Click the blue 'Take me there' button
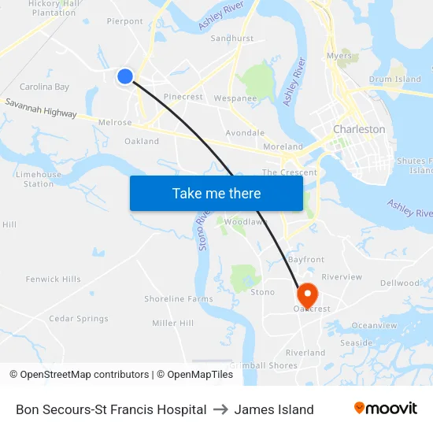[x=216, y=193]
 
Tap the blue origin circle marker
[x=125, y=76]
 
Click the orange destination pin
[x=305, y=295]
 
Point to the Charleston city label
[x=359, y=129]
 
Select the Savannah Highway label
[x=41, y=108]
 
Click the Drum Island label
[x=395, y=80]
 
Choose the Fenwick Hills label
[x=53, y=279]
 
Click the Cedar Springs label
[x=79, y=319]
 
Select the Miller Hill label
[x=173, y=324]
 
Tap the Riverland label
[x=305, y=353]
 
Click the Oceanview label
[x=375, y=325]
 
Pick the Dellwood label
[x=400, y=283]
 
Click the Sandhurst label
[x=232, y=38]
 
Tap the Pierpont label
[x=124, y=22]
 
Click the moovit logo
[x=386, y=409]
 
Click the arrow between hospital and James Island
[x=220, y=409]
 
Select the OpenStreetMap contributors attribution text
[x=79, y=375]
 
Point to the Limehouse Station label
[x=39, y=179]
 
